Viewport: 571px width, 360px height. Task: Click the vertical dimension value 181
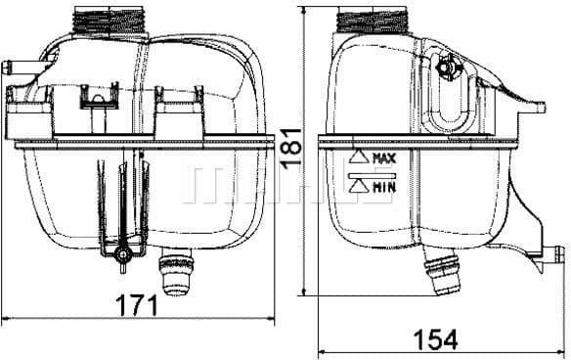coord(291,148)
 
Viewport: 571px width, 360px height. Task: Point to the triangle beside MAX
coord(357,157)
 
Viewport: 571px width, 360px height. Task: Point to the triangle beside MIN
coord(357,184)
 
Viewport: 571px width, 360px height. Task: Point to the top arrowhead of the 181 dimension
coord(307,9)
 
